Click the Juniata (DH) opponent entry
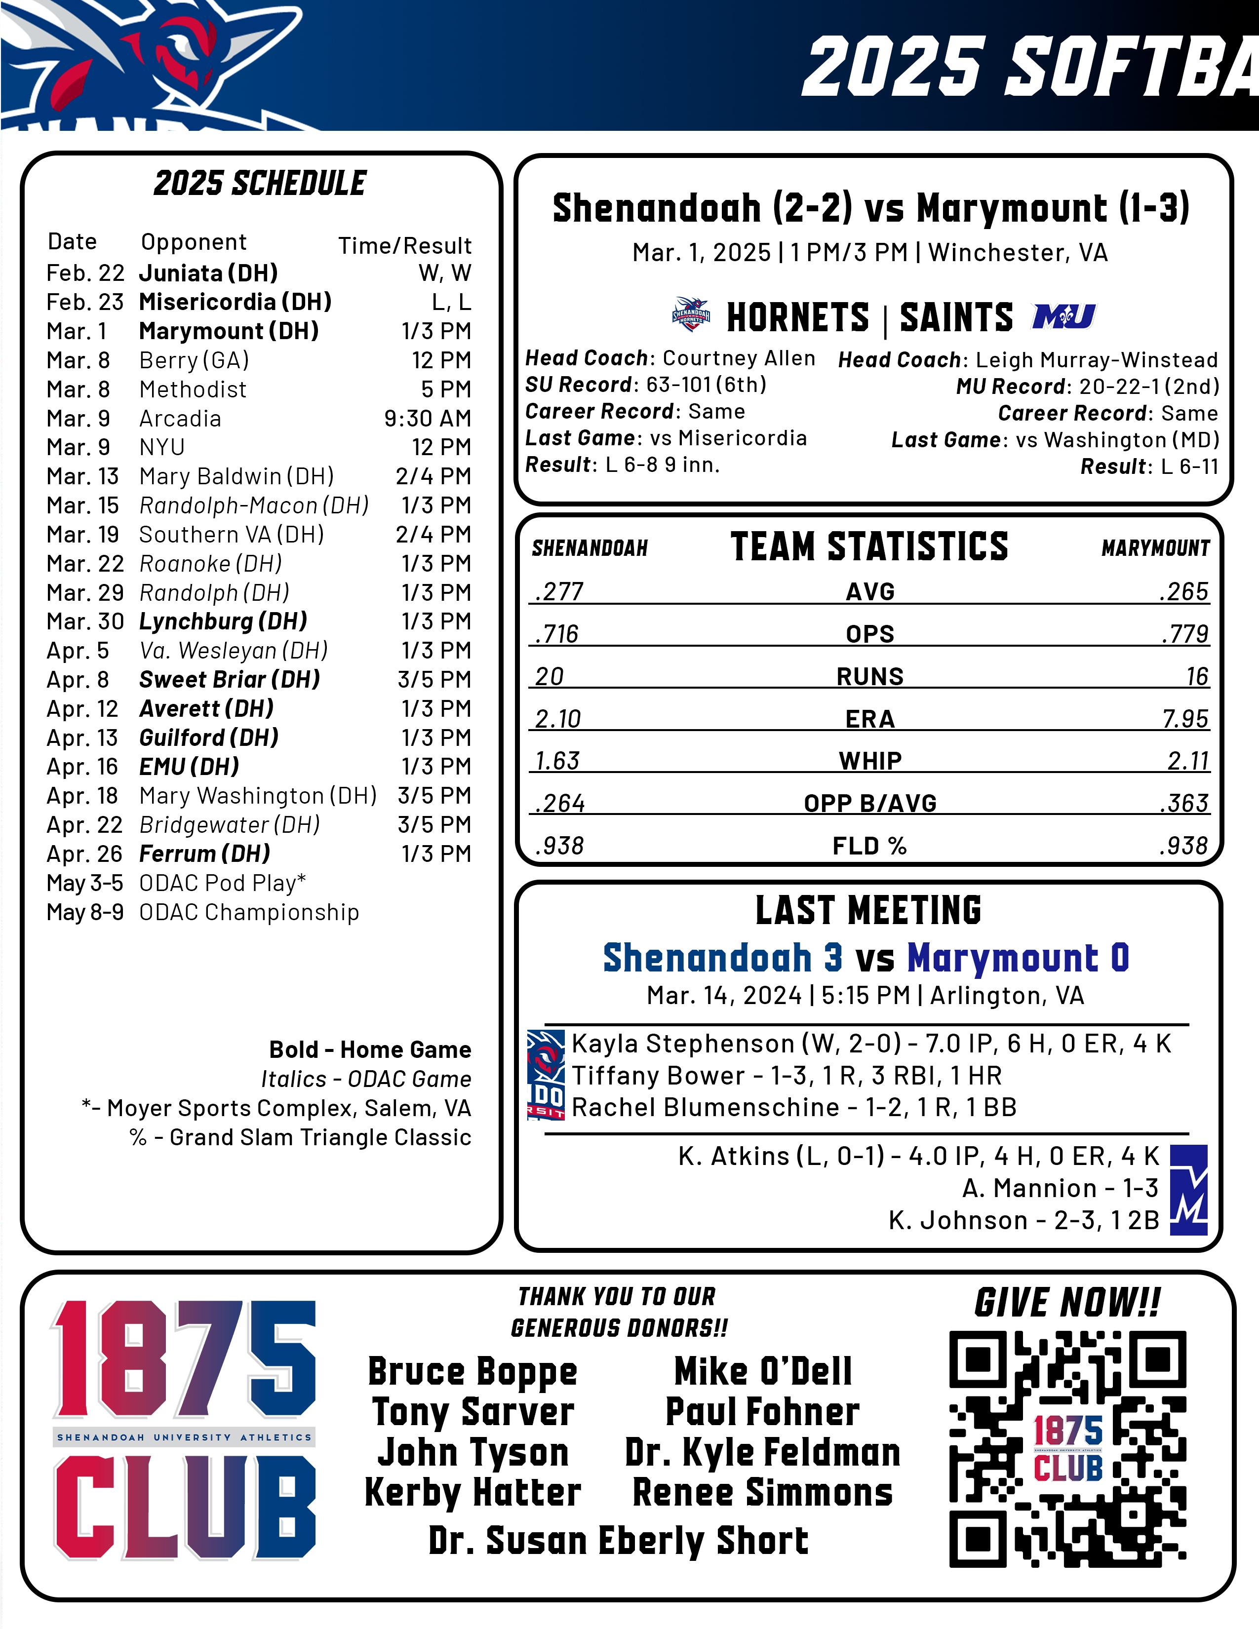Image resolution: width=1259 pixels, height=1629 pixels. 208,273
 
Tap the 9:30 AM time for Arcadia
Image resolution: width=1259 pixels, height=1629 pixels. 428,419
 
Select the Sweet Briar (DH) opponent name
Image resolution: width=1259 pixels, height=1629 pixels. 229,680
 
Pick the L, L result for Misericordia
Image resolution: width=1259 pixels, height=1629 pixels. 451,302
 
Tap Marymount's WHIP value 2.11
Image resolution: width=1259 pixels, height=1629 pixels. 1187,761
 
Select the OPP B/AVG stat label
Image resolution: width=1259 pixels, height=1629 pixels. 869,803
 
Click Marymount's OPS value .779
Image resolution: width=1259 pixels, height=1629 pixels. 1184,634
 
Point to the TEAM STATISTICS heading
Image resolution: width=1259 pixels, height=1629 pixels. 869,547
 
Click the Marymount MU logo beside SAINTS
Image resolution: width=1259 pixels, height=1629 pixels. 1063,317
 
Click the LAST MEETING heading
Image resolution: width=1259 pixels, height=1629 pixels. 868,911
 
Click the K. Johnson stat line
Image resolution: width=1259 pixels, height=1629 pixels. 1023,1220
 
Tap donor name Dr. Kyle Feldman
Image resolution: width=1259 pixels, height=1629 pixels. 762,1453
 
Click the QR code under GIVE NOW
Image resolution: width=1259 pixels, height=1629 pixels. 1067,1448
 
